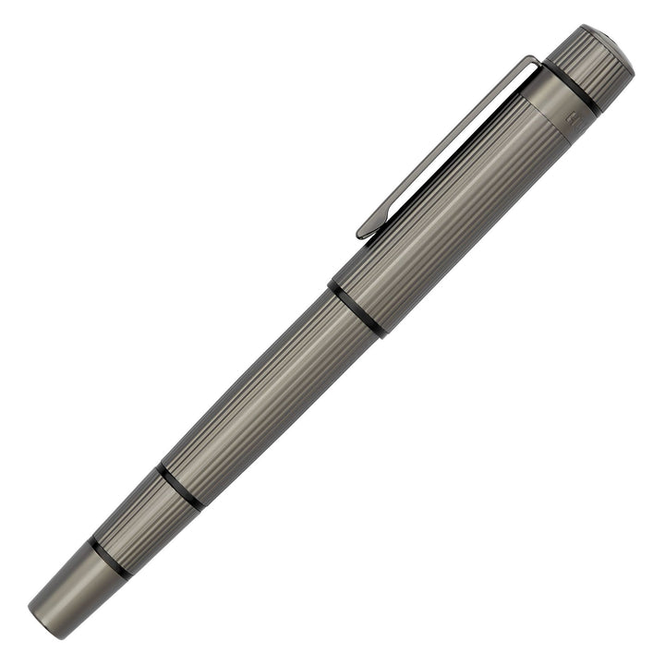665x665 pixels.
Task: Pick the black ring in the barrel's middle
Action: [x=179, y=485]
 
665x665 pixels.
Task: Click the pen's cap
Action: [x=480, y=185]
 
